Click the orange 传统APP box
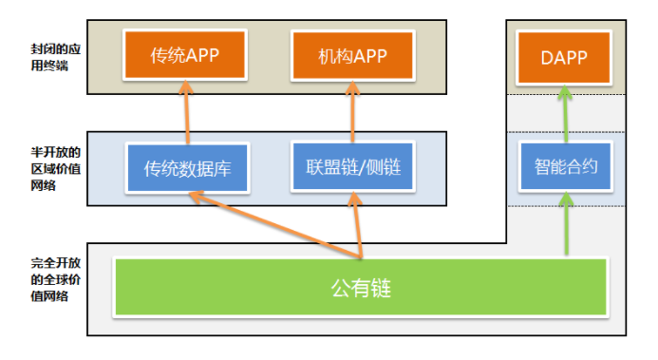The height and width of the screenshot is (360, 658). coord(185,55)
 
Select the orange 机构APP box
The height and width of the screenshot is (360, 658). coord(352,55)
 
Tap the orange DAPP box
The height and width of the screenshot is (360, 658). coord(564,55)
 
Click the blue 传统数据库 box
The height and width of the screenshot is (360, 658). coord(187,168)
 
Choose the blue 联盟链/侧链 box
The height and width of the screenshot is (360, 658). coord(352,168)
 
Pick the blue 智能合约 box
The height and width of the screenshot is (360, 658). coord(564,168)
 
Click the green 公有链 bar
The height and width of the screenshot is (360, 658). coord(362,286)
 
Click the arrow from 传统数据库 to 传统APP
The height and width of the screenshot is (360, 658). coord(187,114)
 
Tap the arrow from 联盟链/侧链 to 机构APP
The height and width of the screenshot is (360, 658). coord(352,114)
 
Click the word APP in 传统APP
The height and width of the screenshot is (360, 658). coord(202,55)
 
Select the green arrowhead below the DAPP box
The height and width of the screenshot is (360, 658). coord(564,92)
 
